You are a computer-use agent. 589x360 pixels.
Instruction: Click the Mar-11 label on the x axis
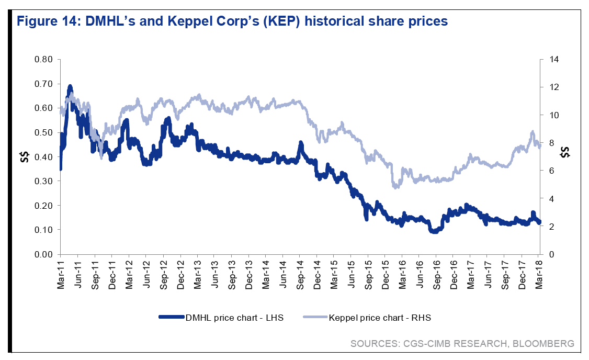coord(61,273)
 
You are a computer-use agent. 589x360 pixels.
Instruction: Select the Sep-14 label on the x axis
coord(300,273)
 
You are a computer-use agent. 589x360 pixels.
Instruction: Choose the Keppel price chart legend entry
coord(379,318)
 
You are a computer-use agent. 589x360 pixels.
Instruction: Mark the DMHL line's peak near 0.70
coord(70,86)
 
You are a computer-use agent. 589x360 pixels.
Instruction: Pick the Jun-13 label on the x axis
coord(214,273)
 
